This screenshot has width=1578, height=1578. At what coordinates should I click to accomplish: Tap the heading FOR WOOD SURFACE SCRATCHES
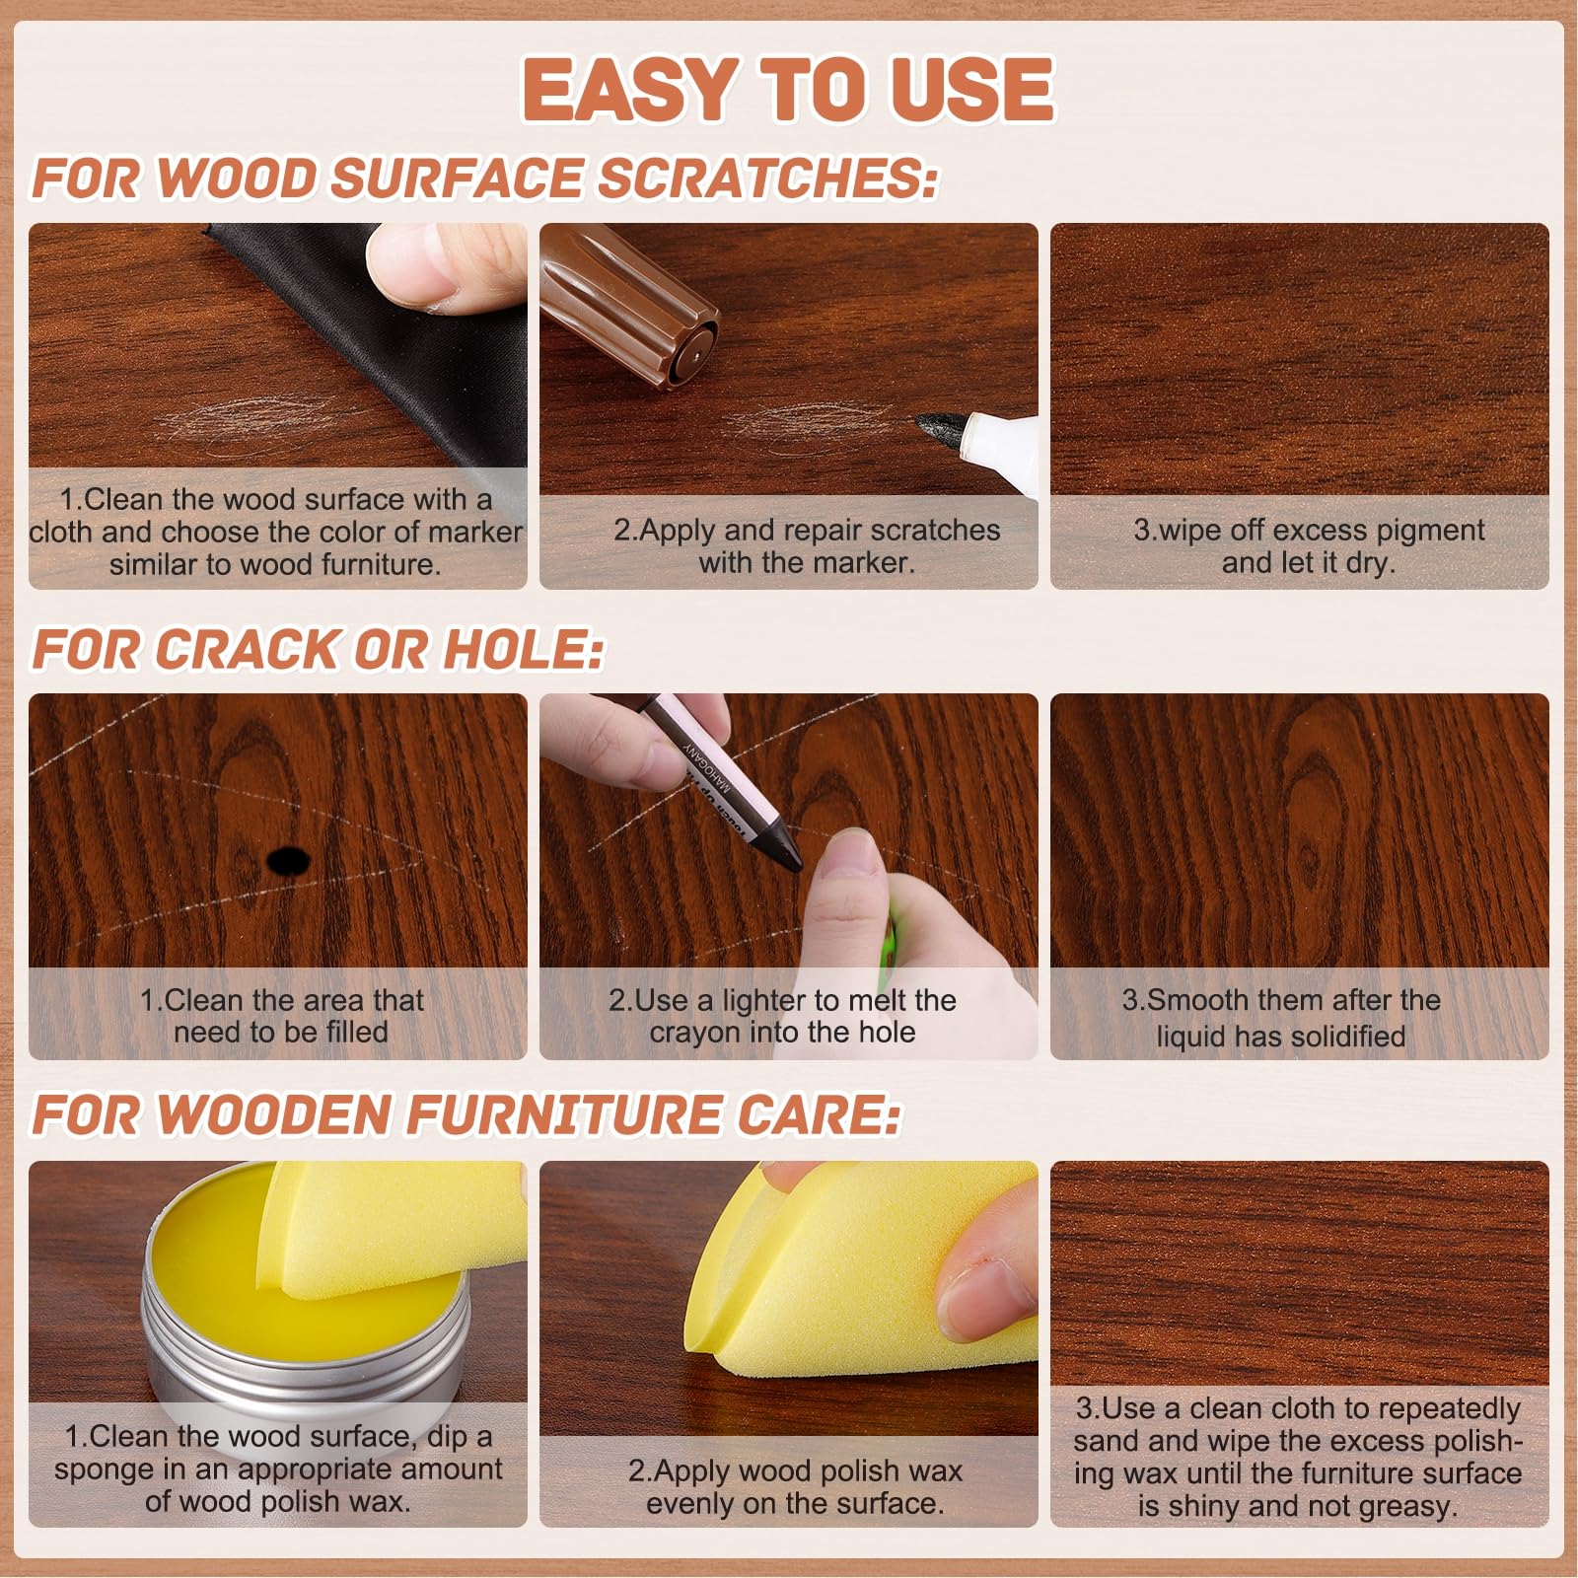485,179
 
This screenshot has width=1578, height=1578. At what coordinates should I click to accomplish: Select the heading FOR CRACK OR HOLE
319,650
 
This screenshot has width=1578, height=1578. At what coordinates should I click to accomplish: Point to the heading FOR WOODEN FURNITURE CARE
466,1114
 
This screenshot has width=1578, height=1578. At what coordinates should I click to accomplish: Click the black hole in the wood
288,861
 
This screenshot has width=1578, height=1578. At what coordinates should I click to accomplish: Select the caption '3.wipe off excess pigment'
1308,530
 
